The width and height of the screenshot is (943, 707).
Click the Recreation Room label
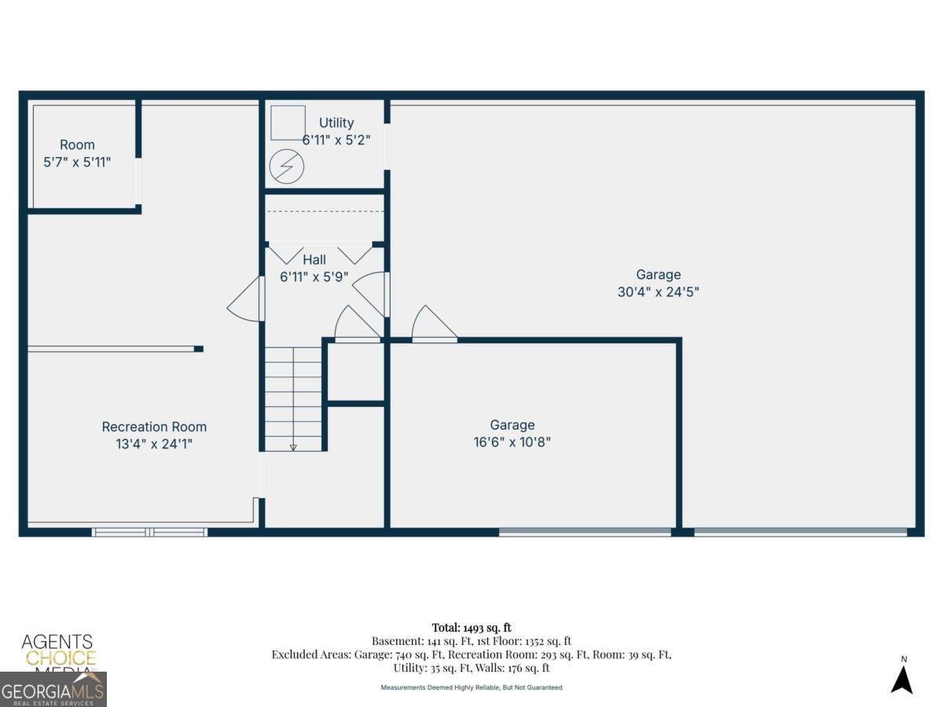tap(154, 427)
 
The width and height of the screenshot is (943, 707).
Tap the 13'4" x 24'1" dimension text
tap(154, 444)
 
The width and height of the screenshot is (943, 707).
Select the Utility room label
tap(336, 123)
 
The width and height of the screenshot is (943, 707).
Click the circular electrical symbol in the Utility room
tap(285, 167)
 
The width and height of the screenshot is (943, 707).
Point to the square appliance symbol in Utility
tap(288, 123)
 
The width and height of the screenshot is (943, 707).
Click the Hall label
tap(314, 260)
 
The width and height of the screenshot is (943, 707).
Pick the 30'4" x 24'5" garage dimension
tap(659, 291)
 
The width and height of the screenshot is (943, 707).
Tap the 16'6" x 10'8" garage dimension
tap(512, 441)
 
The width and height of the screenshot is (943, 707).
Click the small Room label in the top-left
tap(77, 145)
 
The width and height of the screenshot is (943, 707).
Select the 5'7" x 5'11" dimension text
tap(77, 162)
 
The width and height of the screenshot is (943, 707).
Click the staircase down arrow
tap(293, 446)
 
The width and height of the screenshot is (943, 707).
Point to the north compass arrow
tap(901, 679)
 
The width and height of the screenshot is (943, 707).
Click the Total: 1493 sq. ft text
tap(472, 627)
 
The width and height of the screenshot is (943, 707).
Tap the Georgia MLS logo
tap(53, 691)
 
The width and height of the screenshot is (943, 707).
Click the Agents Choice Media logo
tap(57, 652)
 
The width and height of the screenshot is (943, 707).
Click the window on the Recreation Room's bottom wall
tap(149, 532)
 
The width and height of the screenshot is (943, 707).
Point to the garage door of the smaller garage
tap(585, 532)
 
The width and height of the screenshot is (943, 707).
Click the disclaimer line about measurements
tap(472, 687)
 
